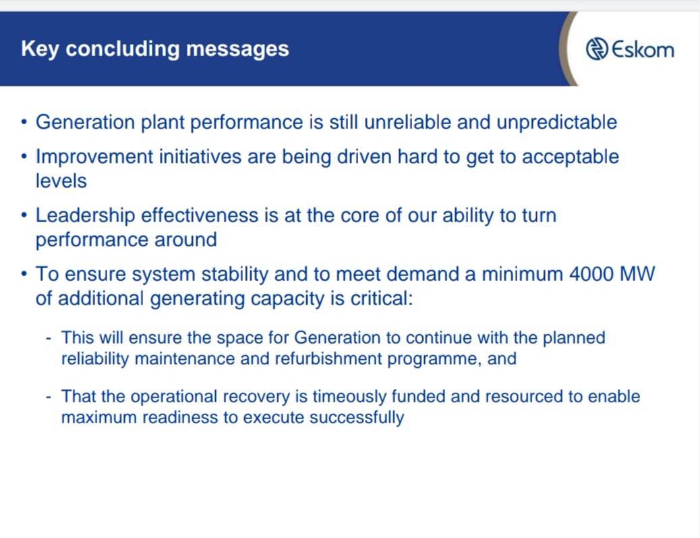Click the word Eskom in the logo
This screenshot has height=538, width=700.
[643, 49]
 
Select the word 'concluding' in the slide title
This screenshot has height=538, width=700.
[123, 49]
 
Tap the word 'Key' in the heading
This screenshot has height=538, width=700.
[40, 49]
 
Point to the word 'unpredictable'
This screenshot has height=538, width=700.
[557, 122]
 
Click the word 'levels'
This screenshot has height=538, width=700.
[61, 181]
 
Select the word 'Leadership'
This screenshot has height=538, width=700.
[85, 215]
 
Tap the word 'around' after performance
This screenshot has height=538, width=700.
[185, 240]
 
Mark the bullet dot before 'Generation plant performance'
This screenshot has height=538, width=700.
[24, 122]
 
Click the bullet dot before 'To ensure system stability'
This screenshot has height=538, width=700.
[24, 274]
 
